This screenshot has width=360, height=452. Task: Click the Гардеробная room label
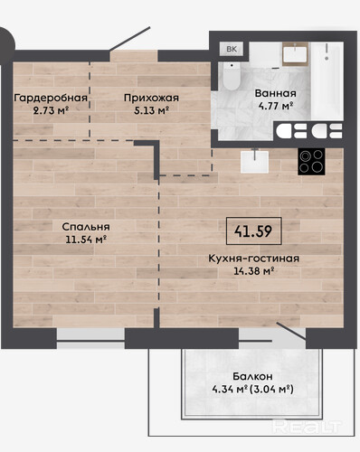click(51, 98)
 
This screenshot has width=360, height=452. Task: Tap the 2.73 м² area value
click(52, 110)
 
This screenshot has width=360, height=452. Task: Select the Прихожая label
click(151, 98)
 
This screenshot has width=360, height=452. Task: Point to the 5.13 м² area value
click(151, 110)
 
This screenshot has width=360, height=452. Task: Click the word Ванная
click(276, 93)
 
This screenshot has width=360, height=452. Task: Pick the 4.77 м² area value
click(276, 106)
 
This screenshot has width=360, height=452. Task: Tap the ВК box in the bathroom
click(232, 49)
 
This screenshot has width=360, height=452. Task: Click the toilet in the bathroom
click(232, 76)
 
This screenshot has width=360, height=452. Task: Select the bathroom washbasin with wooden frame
click(295, 54)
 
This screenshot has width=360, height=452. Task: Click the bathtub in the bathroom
click(327, 80)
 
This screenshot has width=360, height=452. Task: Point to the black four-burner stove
click(311, 162)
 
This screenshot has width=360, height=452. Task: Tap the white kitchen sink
click(254, 162)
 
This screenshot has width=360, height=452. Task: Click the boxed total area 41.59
click(254, 231)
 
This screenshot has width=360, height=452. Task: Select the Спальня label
click(86, 227)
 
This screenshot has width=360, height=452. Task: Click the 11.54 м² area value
click(87, 240)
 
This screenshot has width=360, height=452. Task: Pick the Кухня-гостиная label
click(254, 259)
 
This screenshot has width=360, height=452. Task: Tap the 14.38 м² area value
click(254, 271)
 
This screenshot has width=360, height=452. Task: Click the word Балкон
click(252, 376)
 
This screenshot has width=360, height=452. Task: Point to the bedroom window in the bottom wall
click(90, 338)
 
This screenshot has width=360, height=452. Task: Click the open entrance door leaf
click(130, 39)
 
